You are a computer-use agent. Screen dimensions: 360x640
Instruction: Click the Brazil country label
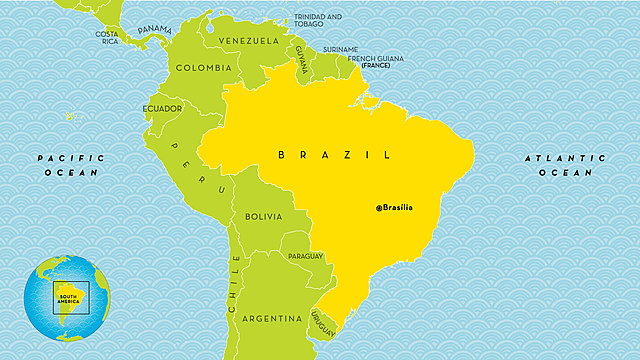(x=333, y=155)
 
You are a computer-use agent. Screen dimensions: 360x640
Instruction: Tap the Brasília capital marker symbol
(x=379, y=208)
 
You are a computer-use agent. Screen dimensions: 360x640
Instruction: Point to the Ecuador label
(x=162, y=108)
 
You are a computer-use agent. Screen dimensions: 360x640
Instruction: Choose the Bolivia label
(x=264, y=216)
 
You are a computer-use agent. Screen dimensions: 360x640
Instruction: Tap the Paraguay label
(x=305, y=256)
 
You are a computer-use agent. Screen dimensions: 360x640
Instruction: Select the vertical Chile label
(x=236, y=285)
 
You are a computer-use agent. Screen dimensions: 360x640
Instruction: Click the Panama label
(x=155, y=30)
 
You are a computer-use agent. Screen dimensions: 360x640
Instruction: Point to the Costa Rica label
(x=107, y=37)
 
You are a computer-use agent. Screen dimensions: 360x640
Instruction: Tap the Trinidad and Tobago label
(x=318, y=20)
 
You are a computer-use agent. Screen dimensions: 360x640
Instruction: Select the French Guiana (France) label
(x=375, y=61)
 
